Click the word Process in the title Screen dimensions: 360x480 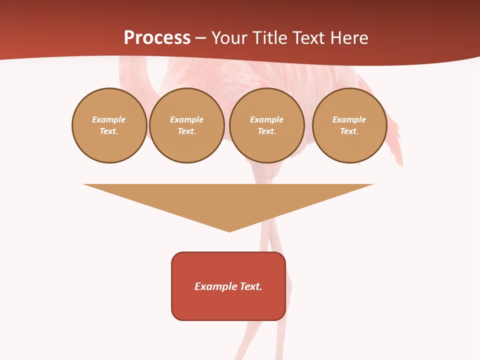(157, 38)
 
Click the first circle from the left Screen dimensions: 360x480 (109, 125)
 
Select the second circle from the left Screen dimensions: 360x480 (186, 125)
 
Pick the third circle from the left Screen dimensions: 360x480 (266, 125)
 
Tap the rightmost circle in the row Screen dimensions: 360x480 (349, 125)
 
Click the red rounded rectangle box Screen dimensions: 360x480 (228, 286)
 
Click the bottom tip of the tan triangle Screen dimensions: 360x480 (229, 231)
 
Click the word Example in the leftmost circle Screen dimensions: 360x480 (109, 119)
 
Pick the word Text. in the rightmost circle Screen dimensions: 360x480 (349, 131)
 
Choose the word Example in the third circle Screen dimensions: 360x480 (266, 119)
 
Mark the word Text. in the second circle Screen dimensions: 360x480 (186, 131)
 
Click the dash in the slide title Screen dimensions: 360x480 (200, 38)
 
